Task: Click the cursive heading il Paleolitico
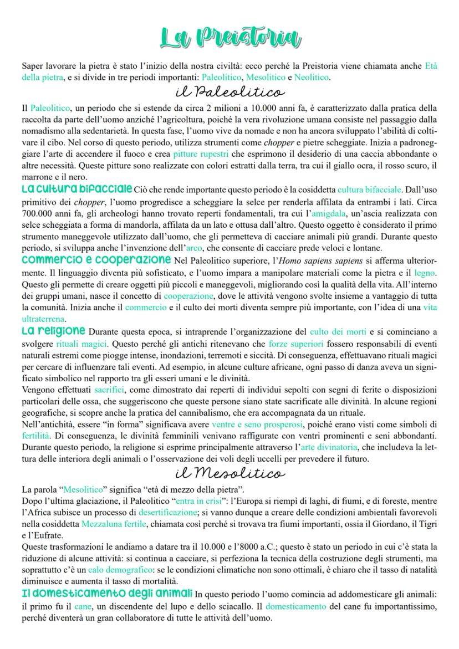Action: [x=229, y=90]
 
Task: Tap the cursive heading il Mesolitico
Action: [x=229, y=472]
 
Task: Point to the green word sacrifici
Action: [x=109, y=390]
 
